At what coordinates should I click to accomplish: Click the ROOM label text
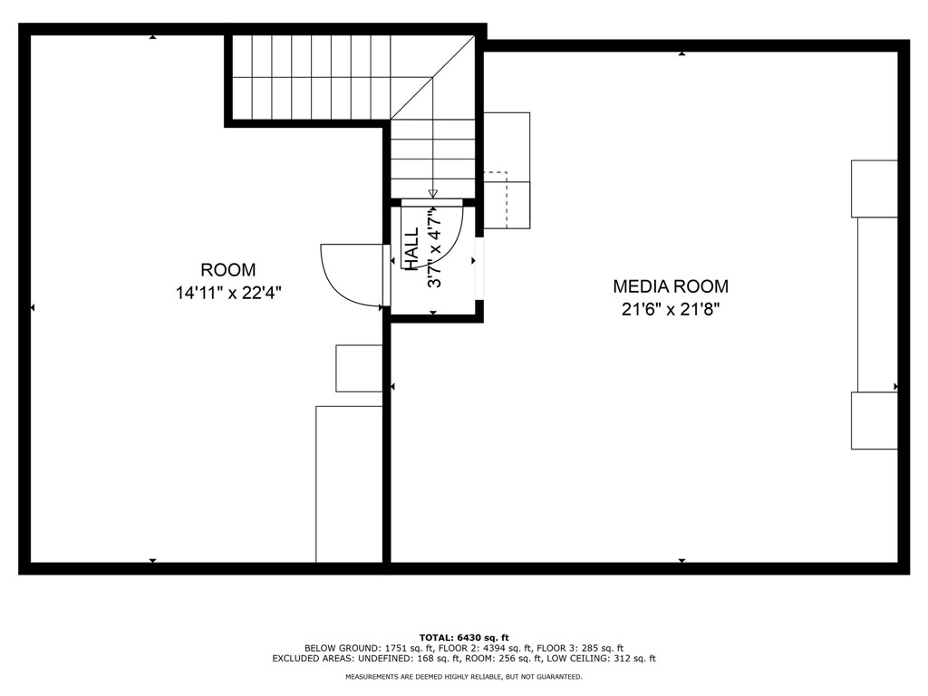pos(227,269)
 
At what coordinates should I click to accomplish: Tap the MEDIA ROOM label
pos(671,286)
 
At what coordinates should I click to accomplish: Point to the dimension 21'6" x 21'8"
pos(671,309)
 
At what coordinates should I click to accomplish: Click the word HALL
pos(412,249)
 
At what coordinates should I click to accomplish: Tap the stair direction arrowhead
pos(433,193)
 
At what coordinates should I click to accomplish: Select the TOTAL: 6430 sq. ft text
pos(464,637)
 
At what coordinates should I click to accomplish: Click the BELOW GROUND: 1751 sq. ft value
pos(369,648)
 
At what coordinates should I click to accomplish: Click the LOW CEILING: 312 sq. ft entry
pos(606,659)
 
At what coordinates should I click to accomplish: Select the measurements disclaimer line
pos(464,677)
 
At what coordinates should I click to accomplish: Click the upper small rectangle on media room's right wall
pos(875,188)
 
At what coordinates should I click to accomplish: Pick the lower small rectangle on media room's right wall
pos(875,420)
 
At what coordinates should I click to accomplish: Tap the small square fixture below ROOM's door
pos(360,368)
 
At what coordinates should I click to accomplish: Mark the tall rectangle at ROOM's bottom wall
pos(349,484)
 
